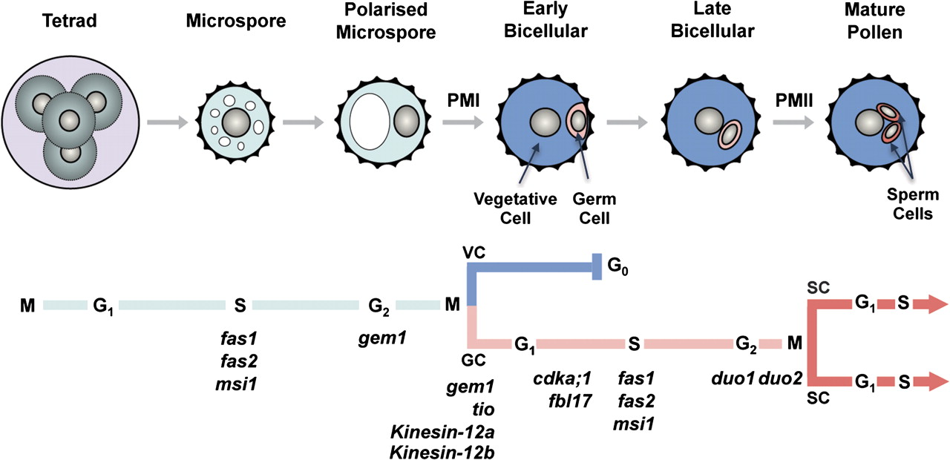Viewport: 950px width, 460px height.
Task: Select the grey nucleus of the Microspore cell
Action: [237, 121]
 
